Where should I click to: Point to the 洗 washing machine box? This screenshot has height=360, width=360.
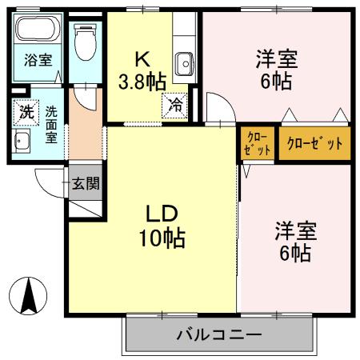[26, 113]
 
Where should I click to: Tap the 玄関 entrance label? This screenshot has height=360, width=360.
[86, 183]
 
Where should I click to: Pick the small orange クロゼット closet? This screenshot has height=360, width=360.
[256, 144]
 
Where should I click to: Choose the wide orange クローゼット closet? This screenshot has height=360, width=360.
[314, 144]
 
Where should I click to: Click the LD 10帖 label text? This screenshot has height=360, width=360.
[166, 226]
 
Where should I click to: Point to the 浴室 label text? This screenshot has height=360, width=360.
[36, 60]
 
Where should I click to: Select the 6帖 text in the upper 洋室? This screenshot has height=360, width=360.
[276, 81]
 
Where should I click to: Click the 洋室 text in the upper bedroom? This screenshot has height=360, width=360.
[277, 58]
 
